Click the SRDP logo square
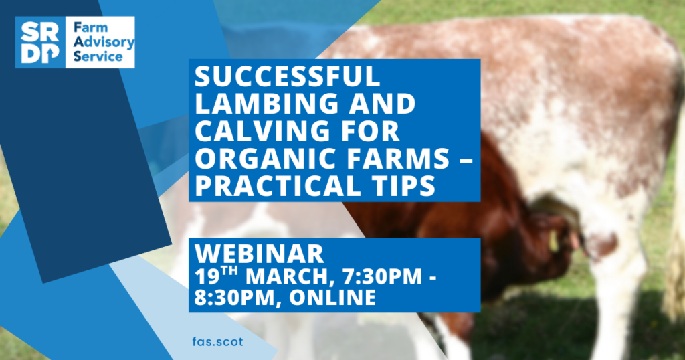tap(40, 42)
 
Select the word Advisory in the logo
tap(104, 42)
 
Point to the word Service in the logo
tap(98, 56)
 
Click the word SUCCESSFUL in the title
tap(288, 76)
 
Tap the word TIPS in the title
tap(399, 185)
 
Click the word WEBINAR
tap(259, 254)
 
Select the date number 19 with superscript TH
tap(216, 276)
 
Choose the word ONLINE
tap(332, 298)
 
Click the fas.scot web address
tap(217, 341)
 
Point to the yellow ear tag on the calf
tap(553, 241)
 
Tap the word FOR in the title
tap(373, 130)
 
